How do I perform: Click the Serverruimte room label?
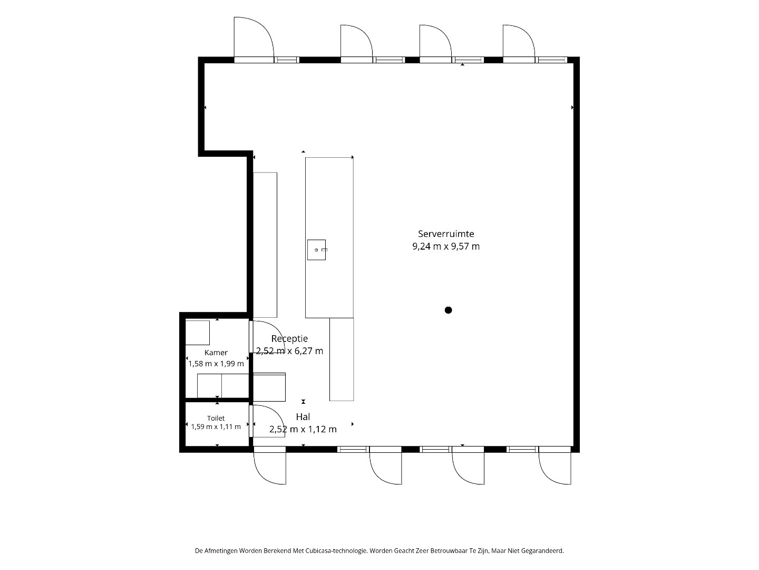tap(446, 234)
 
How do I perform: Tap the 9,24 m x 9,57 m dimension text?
tap(446, 246)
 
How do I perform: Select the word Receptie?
tap(289, 338)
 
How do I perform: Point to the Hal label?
tap(303, 417)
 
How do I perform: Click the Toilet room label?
tap(216, 418)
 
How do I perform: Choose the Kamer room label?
tap(216, 353)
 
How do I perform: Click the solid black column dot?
tap(448, 310)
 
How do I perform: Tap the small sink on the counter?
tap(316, 250)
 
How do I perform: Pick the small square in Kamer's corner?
tap(198, 332)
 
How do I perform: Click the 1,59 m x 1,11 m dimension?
tap(216, 427)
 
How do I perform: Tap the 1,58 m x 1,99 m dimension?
tap(216, 364)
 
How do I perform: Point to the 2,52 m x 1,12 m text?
tap(303, 429)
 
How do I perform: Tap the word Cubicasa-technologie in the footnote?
tap(336, 550)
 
